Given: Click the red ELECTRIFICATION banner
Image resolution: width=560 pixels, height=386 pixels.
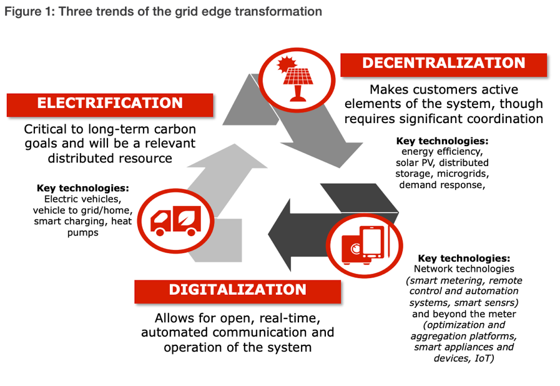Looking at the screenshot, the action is [x=110, y=105].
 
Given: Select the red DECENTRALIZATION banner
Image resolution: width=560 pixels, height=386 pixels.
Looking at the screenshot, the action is [x=444, y=65].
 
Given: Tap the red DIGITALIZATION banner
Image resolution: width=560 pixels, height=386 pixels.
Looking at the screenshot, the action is [x=237, y=291].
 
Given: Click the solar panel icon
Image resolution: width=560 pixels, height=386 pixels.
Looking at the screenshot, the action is [x=297, y=80].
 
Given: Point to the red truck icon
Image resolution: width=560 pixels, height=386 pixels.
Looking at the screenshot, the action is [x=175, y=221].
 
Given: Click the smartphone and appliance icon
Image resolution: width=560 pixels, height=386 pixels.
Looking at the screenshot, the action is [x=365, y=245].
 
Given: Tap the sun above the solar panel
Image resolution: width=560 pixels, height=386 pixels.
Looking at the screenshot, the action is [x=287, y=65].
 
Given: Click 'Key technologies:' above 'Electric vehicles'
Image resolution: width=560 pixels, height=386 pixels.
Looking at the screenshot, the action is [x=83, y=188].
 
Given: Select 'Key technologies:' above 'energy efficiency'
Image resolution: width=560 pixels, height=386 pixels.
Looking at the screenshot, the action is [x=442, y=141].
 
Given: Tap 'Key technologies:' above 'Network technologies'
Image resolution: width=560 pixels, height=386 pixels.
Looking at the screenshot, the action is [x=464, y=258].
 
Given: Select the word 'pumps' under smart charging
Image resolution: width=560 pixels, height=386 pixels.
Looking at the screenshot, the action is [x=83, y=233].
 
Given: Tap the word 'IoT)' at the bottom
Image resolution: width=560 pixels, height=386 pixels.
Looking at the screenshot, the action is [x=484, y=358].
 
